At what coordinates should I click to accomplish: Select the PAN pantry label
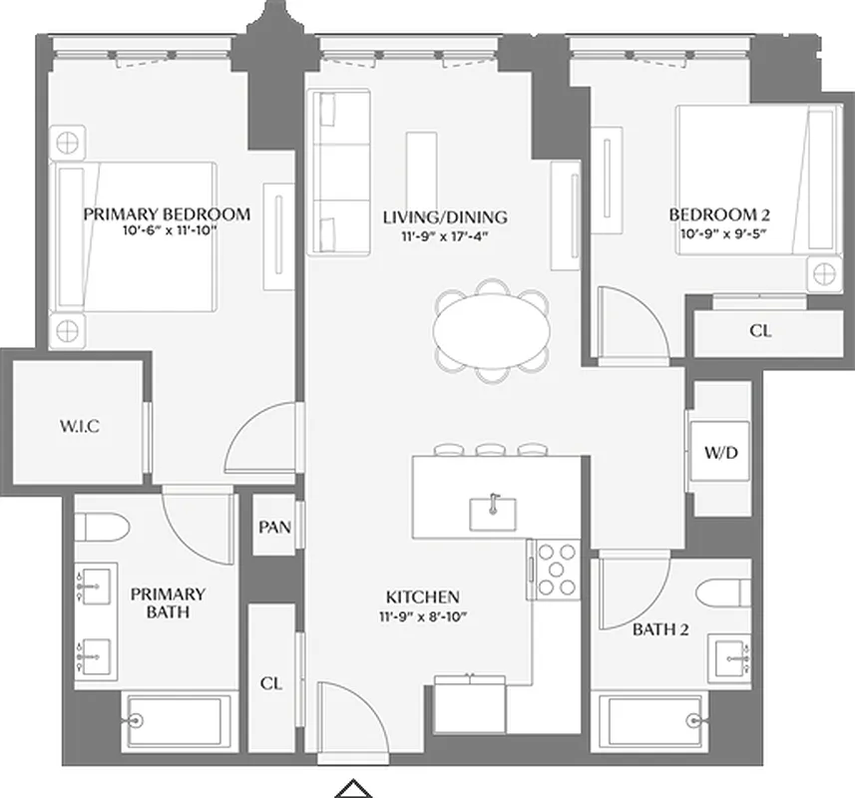click(273, 527)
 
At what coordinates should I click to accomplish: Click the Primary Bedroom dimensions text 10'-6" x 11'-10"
click(167, 230)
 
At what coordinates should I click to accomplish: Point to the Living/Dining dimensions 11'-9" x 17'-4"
click(445, 235)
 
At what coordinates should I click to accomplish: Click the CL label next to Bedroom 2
click(760, 331)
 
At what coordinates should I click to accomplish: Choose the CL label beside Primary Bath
click(270, 684)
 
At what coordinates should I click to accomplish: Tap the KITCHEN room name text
click(423, 597)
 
